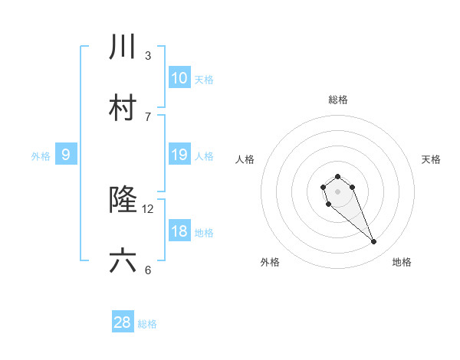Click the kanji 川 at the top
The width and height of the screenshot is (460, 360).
123,47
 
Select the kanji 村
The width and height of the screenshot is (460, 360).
123,108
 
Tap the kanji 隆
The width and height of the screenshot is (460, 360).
123,200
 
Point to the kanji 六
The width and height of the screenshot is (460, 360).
123,261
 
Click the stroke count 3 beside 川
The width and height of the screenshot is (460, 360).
148,55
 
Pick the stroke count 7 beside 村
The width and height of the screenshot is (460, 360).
148,116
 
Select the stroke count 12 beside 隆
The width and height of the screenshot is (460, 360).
148,208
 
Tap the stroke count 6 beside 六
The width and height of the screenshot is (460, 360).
148,270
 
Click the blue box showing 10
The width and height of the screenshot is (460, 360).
179,77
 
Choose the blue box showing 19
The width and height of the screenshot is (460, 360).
179,154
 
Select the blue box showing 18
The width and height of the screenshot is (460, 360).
179,231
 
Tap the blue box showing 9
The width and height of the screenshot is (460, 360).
66,154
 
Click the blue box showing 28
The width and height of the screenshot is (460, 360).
123,322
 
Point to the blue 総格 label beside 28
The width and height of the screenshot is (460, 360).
147,324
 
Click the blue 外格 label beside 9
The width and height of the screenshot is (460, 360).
41,156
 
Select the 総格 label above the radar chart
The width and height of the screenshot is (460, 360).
338,100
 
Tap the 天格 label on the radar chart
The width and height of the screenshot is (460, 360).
431,159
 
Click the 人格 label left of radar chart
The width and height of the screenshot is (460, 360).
245,159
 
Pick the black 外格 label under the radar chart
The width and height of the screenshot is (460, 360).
270,262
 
